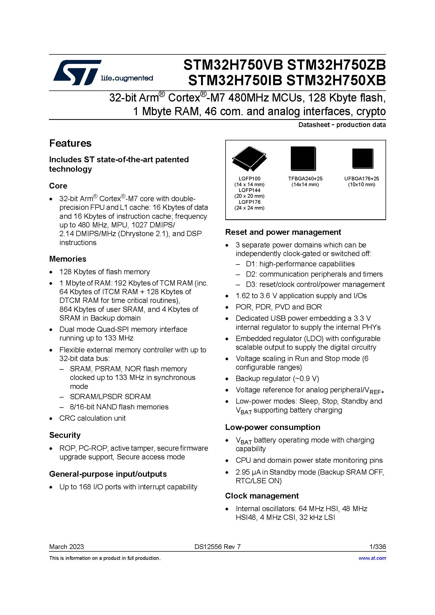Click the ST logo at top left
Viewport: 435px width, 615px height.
point(77,72)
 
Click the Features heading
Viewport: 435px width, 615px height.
point(70,143)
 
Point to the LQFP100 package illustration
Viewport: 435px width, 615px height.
point(249,159)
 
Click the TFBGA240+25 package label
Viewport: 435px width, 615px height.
point(305,179)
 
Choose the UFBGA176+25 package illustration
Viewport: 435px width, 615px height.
point(362,158)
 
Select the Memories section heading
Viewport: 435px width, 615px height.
point(68,259)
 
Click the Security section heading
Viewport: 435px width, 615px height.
point(64,435)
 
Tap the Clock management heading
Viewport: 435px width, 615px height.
point(262,496)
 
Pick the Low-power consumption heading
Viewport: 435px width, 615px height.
point(273,427)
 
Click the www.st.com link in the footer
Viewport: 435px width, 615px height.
point(372,558)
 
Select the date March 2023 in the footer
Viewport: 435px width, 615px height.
point(66,547)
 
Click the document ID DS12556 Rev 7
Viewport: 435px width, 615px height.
point(217,547)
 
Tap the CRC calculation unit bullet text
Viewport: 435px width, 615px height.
point(92,418)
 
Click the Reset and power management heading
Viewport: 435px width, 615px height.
point(283,232)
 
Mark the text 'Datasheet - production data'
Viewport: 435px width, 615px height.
point(342,125)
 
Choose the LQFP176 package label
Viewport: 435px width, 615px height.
point(249,202)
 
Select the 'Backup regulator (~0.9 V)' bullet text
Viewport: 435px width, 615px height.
point(277,378)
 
